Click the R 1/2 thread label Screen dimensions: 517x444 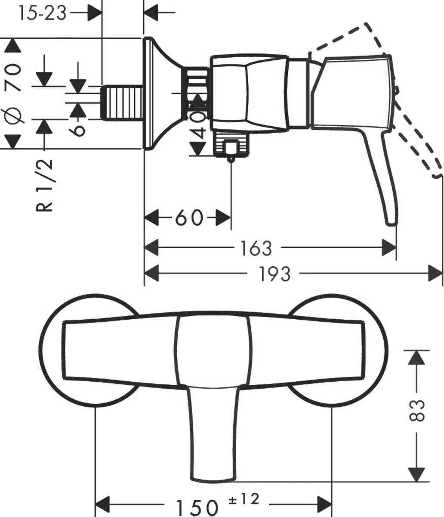(45, 185)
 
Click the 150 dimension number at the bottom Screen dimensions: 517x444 (196, 505)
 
